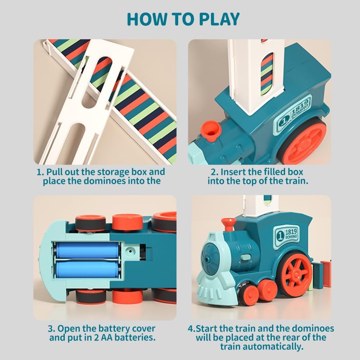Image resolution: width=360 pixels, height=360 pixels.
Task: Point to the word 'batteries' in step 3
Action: (135, 337)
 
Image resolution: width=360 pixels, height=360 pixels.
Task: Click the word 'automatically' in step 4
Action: (273, 346)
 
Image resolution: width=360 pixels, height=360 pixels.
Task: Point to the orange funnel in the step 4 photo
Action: (229, 224)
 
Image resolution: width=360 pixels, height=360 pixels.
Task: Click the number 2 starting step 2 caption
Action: (213, 172)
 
